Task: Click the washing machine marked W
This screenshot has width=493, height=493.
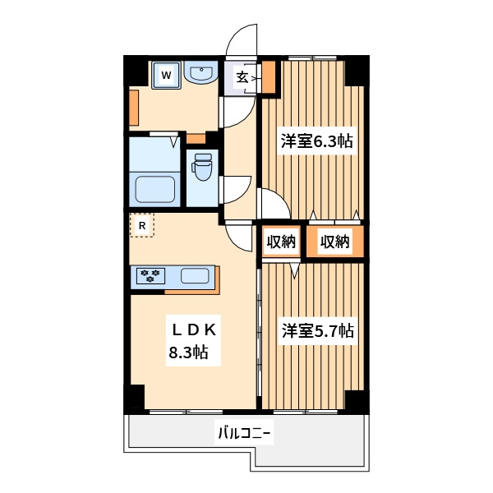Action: point(166,75)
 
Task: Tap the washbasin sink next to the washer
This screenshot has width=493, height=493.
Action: point(201,72)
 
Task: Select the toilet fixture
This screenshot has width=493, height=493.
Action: point(203,167)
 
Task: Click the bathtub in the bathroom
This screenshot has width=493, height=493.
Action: point(155,190)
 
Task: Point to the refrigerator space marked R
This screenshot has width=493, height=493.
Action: point(142,225)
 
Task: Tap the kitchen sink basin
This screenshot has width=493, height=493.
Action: point(195,276)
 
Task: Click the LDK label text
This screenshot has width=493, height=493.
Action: point(194,330)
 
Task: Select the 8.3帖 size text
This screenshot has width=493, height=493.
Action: point(188,352)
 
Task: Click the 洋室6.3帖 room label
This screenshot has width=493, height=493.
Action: point(316,141)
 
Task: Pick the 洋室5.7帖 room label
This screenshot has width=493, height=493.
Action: point(317,331)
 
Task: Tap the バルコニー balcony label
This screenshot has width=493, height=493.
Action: point(244,433)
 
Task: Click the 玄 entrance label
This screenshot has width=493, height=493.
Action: point(242,77)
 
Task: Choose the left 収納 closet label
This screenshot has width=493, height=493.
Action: point(281,242)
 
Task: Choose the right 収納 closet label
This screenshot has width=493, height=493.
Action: point(335,242)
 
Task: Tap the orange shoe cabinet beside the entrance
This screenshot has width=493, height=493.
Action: point(269,77)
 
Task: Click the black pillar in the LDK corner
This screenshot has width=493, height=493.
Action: point(136,397)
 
